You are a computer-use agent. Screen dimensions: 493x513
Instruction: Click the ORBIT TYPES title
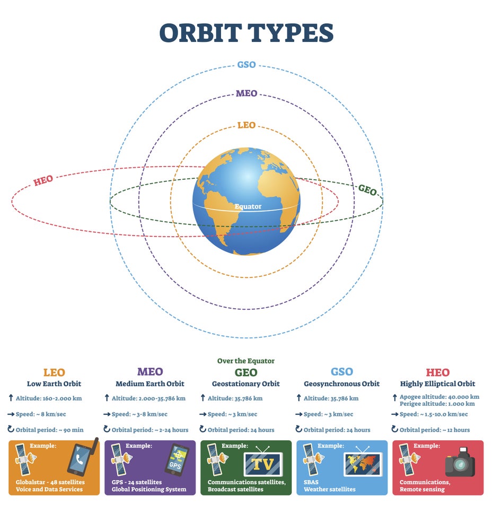246,33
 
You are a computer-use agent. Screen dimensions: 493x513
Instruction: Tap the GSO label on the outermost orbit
247,65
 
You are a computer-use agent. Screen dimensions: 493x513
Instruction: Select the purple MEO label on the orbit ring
247,93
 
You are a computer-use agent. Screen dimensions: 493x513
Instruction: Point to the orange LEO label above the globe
247,125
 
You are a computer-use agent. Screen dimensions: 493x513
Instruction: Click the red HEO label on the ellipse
43,180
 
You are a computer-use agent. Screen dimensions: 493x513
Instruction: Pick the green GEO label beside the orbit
367,190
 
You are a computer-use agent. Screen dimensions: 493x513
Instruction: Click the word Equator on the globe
248,206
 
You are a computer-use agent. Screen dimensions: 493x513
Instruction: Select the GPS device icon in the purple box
177,459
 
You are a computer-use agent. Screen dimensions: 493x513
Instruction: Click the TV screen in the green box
263,464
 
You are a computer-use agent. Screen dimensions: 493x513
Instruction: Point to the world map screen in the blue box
363,464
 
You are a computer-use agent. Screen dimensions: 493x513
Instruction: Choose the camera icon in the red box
460,462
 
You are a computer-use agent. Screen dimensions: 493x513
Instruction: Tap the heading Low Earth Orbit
54,384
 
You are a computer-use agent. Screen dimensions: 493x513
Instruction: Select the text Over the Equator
246,361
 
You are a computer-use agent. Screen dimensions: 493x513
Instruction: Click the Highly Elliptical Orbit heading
438,384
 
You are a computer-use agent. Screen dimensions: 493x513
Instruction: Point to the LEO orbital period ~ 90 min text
50,430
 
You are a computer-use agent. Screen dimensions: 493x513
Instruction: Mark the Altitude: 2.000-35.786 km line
148,398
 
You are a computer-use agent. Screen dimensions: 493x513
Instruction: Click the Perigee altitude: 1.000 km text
437,404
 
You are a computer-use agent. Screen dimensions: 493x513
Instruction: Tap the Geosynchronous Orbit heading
341,384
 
